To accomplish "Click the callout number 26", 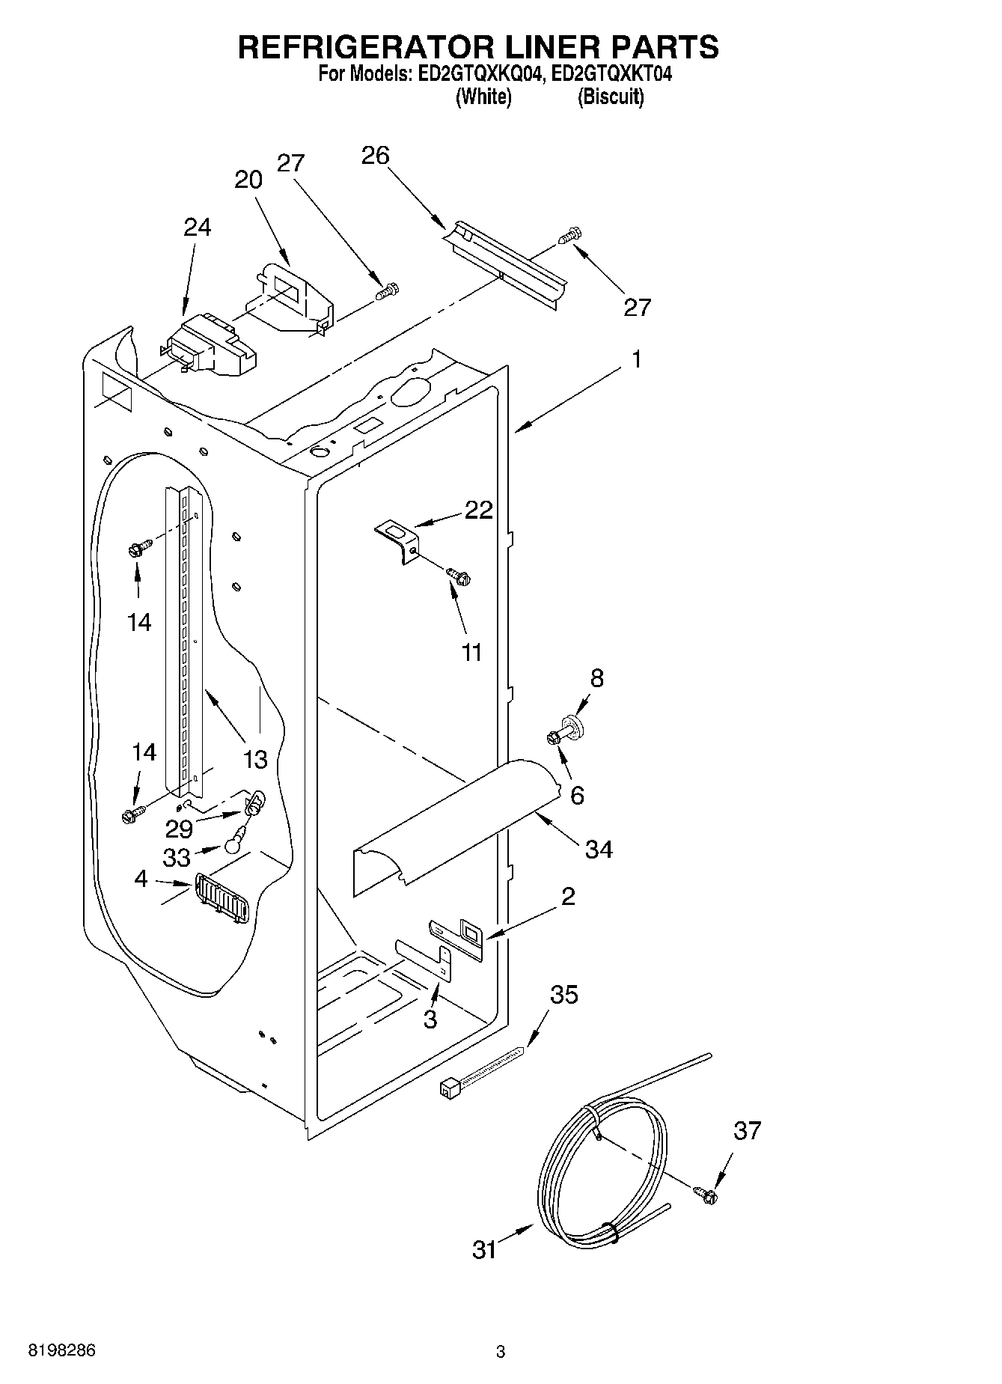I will pyautogui.click(x=376, y=156).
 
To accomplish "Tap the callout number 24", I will pyautogui.click(x=197, y=227).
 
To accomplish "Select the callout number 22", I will pyautogui.click(x=479, y=510).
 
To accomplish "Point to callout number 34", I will pyautogui.click(x=599, y=849).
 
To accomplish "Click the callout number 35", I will pyautogui.click(x=564, y=995).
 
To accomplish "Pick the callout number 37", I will pyautogui.click(x=747, y=1130).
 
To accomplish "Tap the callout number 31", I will pyautogui.click(x=485, y=1249).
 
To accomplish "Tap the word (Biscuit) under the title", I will pyautogui.click(x=610, y=97).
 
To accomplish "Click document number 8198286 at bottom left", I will pyautogui.click(x=62, y=1351).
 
